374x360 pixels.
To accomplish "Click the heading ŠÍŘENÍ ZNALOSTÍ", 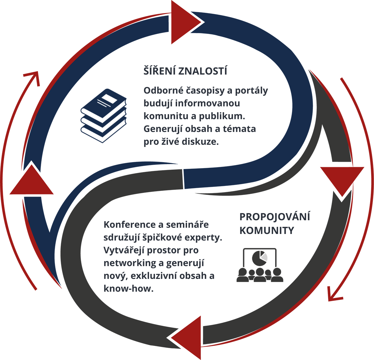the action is tap(185, 70).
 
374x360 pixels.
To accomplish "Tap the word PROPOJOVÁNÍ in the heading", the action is tap(275, 217).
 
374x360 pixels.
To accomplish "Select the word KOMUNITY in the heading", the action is tap(267, 230).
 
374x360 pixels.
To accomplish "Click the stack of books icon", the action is tap(103, 115).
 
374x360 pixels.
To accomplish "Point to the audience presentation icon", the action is tap(260, 265).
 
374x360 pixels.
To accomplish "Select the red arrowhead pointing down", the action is tap(342, 182).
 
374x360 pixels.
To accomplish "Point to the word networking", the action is tap(130, 263).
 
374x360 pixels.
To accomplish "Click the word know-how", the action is tap(129, 289).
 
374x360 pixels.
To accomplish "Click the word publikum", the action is tap(222, 116).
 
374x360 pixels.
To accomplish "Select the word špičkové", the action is tap(162, 238).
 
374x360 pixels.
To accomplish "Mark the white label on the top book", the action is tap(109, 99).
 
